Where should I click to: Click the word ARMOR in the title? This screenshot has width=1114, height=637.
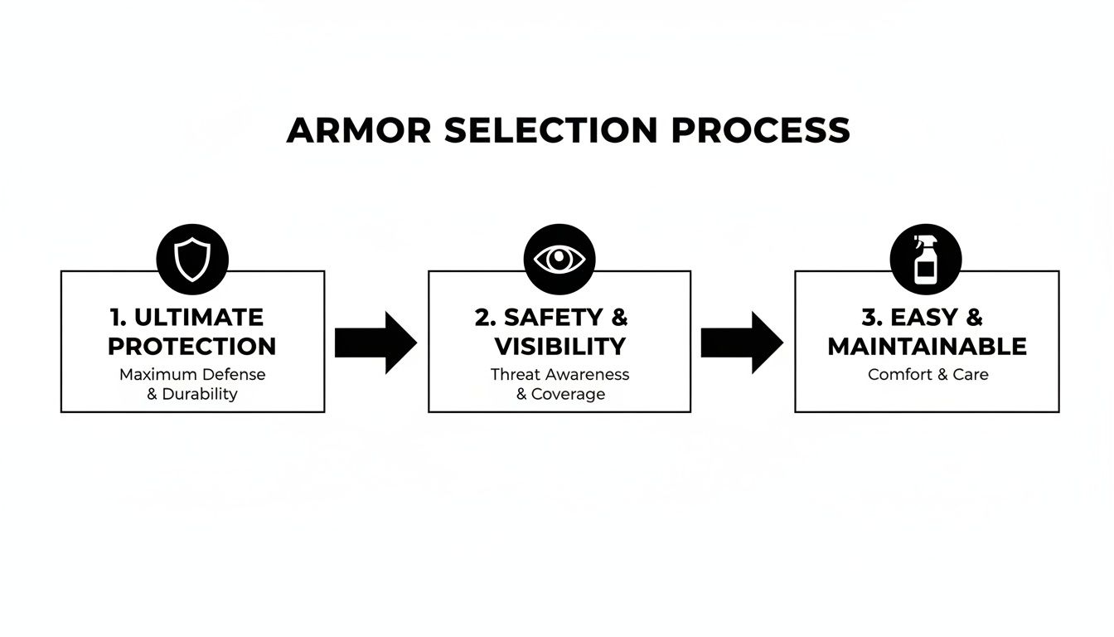(x=358, y=131)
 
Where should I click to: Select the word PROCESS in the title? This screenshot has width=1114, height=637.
(x=761, y=131)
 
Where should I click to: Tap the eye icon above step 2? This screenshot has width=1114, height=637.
(x=559, y=260)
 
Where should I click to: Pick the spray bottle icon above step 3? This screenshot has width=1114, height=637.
(x=925, y=260)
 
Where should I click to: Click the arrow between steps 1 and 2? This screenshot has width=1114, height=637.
(x=375, y=343)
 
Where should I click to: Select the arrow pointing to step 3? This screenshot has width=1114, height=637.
(x=741, y=343)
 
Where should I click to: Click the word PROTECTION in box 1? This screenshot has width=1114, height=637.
(x=192, y=346)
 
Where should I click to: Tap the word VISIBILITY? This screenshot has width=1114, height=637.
(x=559, y=346)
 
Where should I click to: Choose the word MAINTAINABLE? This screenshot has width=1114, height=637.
(x=927, y=346)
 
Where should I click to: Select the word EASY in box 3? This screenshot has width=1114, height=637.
(x=923, y=317)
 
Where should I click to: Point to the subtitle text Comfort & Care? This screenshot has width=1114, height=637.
(x=928, y=374)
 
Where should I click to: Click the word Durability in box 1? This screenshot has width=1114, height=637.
(x=200, y=394)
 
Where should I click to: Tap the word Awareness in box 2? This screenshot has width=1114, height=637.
(x=588, y=374)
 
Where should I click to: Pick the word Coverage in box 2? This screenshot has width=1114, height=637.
(x=568, y=394)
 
